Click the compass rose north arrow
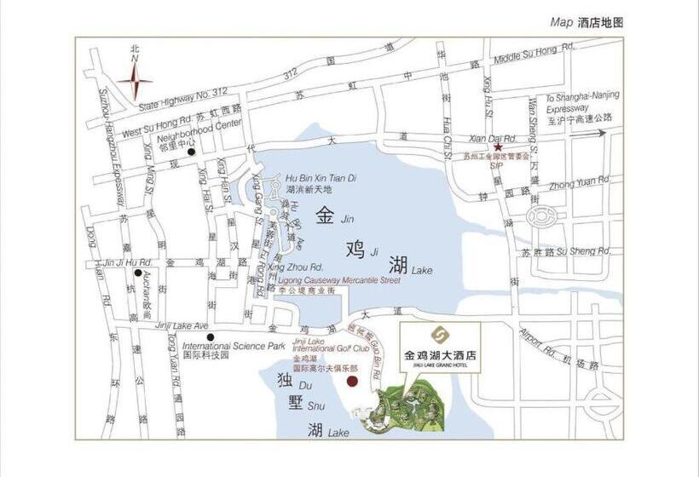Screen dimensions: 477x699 click(135, 82)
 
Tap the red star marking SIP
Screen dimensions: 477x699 click(498, 147)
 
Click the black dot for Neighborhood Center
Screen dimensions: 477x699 click(192, 152)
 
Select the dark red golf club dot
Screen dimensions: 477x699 click(351, 381)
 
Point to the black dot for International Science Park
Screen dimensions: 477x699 click(210, 336)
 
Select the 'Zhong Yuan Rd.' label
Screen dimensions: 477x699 click(581, 181)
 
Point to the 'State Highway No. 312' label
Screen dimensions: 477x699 click(182, 100)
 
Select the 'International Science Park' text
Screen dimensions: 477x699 click(234, 347)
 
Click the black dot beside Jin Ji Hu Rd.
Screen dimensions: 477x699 click(137, 272)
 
